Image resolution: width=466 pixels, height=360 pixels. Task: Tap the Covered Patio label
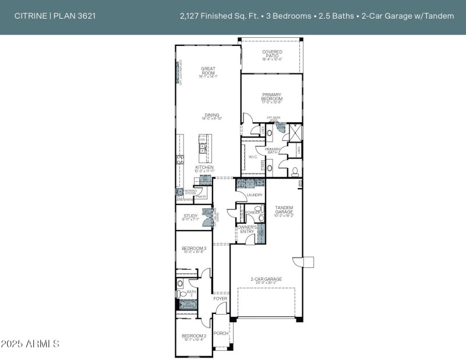point(272,52)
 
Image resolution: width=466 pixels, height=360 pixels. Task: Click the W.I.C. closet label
point(253,157)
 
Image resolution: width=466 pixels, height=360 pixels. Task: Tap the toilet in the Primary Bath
point(295,171)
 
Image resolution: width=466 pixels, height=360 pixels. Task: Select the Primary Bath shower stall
point(295,133)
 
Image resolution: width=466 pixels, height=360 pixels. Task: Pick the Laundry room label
point(255,195)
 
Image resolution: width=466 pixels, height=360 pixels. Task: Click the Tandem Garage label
point(284,209)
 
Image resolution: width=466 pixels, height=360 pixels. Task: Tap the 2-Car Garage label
point(266,279)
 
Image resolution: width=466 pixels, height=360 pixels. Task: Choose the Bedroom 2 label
point(194,336)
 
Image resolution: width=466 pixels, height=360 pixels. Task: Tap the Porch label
point(221,334)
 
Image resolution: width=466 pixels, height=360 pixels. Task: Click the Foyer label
point(220,299)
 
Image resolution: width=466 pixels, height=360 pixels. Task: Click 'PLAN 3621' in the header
point(75,16)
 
